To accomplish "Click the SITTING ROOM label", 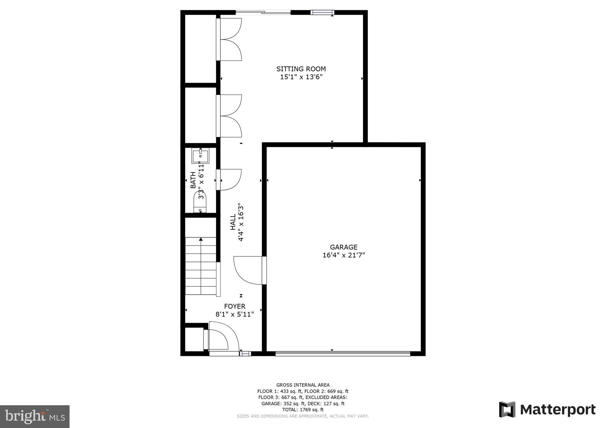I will coord(301,69).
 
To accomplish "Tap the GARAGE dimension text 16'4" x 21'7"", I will coord(344,255).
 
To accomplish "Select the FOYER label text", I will coord(235,306).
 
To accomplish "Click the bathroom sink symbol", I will coord(200,156).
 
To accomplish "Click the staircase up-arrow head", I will coord(201,239).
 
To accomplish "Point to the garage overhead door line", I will coord(342,353).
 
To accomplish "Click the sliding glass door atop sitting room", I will coord(263,12).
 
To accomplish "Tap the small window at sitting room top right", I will coord(322,12).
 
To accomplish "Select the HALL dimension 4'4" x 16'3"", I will coord(241,222).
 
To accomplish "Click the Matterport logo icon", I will coord(507,409).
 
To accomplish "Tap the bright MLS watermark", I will coord(35,416).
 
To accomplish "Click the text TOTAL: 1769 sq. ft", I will coord(303,410).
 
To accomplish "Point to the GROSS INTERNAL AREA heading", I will coord(303,385).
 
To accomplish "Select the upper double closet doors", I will coord(230,39).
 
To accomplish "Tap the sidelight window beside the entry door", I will coord(245,353).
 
